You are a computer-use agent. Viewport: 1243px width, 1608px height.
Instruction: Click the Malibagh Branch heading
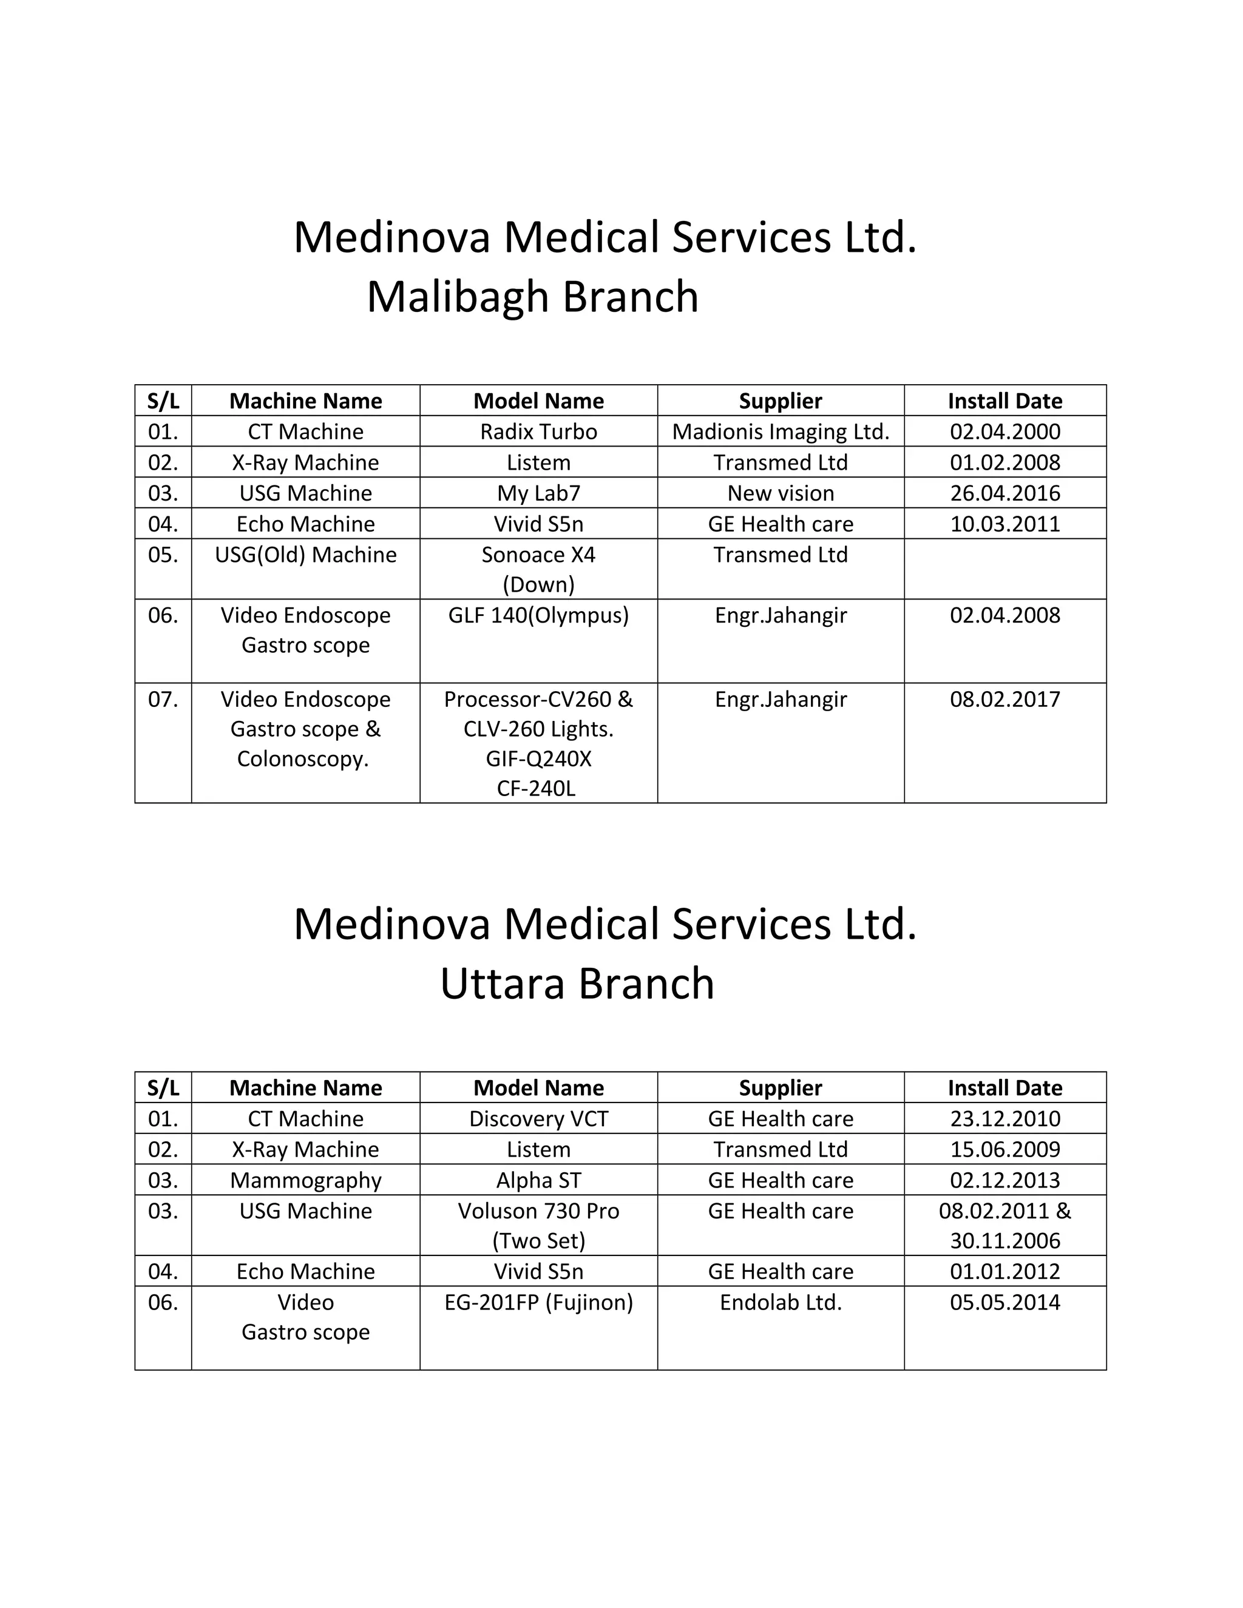click(x=532, y=297)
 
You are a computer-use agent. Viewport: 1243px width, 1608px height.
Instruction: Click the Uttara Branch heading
click(x=577, y=984)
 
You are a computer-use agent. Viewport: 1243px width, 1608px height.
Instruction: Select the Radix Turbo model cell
click(x=538, y=431)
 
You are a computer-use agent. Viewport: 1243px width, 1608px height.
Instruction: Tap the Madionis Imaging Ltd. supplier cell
click(x=781, y=431)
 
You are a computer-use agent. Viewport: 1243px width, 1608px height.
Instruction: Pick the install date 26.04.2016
click(x=1005, y=493)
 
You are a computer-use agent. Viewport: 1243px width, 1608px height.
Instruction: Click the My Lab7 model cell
click(x=538, y=493)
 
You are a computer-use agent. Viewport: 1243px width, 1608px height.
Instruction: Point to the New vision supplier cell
click(x=781, y=493)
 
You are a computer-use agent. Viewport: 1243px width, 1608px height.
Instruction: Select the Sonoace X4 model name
click(x=538, y=555)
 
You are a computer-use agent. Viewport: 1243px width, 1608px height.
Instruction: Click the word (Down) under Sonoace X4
click(x=538, y=584)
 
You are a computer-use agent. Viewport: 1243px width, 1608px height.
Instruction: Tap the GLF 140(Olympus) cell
click(x=538, y=615)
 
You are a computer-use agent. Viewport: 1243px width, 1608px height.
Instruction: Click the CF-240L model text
click(x=536, y=789)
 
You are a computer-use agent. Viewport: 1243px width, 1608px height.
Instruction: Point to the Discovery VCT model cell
click(x=538, y=1118)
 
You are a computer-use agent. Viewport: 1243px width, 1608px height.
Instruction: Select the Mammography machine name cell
click(x=306, y=1180)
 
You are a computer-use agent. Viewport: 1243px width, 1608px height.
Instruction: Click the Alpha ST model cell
click(x=538, y=1180)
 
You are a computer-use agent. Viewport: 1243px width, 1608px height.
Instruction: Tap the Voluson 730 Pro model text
click(x=538, y=1211)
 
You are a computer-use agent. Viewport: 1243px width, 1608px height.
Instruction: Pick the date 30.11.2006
click(x=1005, y=1241)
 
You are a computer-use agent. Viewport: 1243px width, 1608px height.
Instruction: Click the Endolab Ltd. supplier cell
click(x=781, y=1302)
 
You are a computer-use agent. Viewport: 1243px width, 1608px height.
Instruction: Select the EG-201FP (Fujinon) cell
click(x=538, y=1302)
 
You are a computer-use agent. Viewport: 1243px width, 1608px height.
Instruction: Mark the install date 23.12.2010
click(x=1005, y=1118)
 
